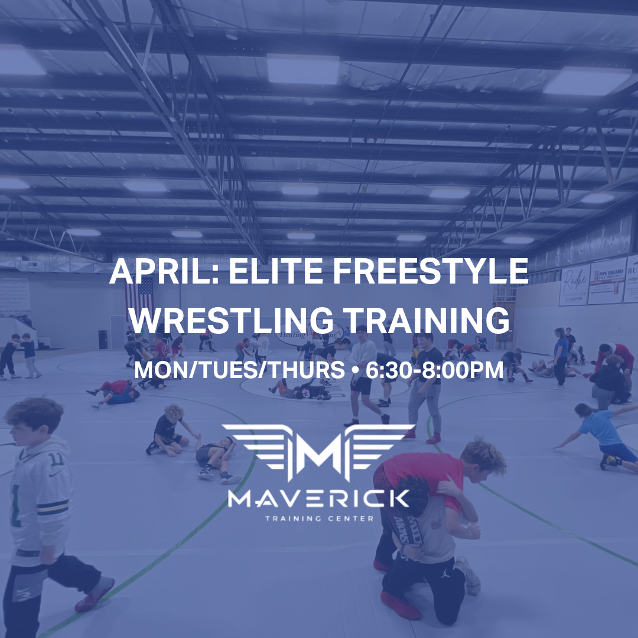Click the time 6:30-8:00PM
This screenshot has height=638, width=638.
(x=435, y=370)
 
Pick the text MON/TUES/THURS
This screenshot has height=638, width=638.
(x=240, y=370)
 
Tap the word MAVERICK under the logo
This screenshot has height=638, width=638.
(x=319, y=500)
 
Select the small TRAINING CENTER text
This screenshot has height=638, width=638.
(x=319, y=519)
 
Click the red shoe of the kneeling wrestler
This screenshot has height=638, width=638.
(x=401, y=606)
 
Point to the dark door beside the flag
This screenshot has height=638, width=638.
(x=103, y=339)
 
